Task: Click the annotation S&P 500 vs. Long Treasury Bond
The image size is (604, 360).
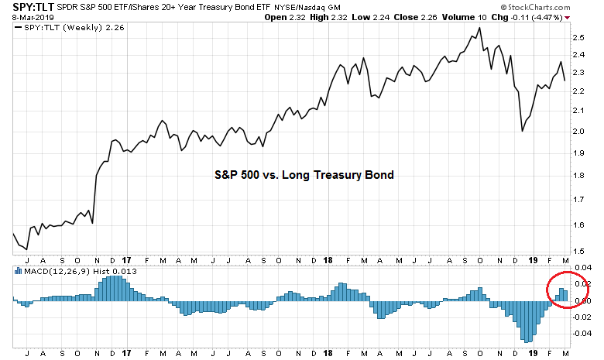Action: coord(304,175)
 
